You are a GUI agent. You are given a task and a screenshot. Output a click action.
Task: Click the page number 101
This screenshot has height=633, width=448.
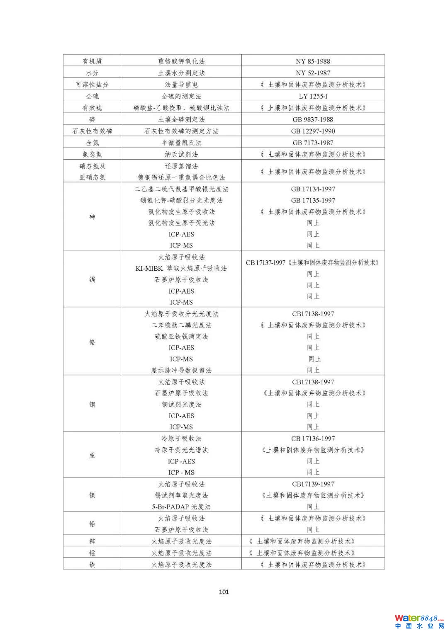click(224, 592)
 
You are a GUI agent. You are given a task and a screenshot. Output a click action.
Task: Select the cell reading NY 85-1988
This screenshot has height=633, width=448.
click(313, 61)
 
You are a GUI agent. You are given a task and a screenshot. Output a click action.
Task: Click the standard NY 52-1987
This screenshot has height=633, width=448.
click(313, 73)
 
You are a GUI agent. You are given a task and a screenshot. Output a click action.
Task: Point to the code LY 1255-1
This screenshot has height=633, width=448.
click(313, 96)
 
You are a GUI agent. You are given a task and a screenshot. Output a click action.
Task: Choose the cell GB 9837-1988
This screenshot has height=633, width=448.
click(313, 119)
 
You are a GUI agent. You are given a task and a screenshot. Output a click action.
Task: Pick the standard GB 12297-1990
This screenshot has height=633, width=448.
click(313, 131)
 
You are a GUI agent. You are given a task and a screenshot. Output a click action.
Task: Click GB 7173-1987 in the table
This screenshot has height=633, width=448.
click(313, 143)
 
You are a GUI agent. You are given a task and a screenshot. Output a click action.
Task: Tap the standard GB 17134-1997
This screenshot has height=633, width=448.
click(313, 189)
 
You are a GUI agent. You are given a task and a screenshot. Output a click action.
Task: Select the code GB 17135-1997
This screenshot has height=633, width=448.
click(313, 200)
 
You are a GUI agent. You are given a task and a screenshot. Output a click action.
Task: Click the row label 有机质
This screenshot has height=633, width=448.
click(92, 61)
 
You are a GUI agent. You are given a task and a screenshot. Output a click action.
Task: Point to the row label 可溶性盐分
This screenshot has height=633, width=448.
click(92, 85)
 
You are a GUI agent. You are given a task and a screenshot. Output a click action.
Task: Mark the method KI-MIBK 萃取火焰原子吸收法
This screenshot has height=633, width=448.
click(181, 268)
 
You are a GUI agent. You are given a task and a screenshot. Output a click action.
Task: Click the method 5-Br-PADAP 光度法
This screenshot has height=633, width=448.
click(181, 507)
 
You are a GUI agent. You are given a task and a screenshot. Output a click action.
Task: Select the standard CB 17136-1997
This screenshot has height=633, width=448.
click(313, 439)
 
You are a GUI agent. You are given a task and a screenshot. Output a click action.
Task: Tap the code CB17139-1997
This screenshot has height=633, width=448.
click(313, 484)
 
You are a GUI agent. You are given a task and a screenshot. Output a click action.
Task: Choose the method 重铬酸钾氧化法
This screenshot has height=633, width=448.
click(181, 61)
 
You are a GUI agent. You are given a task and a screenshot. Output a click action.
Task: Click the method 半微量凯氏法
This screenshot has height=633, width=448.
click(181, 143)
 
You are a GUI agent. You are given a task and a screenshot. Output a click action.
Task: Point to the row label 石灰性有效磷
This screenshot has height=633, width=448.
click(92, 131)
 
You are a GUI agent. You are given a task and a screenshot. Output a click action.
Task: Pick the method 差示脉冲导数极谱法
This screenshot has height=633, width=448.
click(181, 370)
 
